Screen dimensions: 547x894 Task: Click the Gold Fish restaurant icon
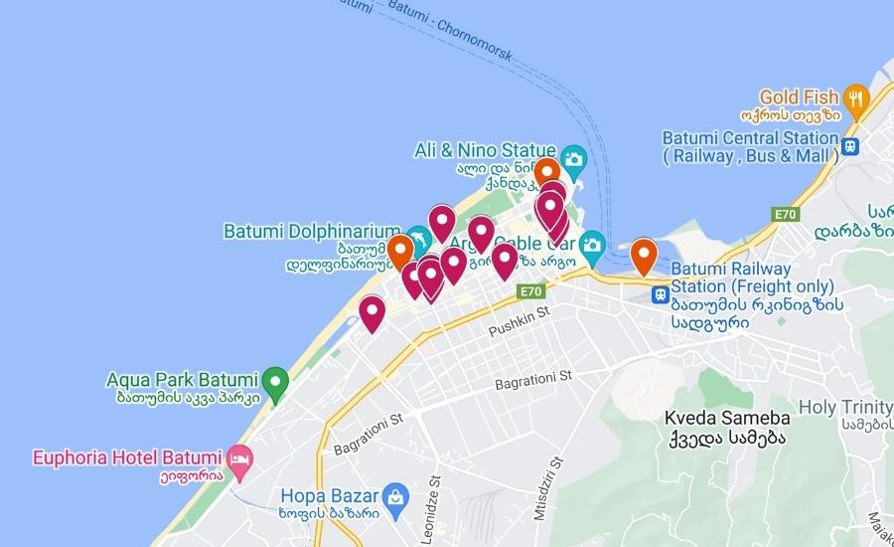click(x=856, y=97)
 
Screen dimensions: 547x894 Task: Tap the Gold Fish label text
click(x=800, y=96)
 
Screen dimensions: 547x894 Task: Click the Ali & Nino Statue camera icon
click(x=572, y=158)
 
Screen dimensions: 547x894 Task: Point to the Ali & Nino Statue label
click(x=485, y=150)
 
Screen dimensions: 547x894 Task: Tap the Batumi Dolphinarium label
click(x=311, y=232)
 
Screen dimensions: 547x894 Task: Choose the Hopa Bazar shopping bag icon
click(x=395, y=494)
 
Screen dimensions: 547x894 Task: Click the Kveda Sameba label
click(x=728, y=418)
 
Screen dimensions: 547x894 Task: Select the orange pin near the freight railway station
click(x=644, y=255)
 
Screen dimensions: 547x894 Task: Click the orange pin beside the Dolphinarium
click(x=400, y=251)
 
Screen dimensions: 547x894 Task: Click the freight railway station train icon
click(x=659, y=294)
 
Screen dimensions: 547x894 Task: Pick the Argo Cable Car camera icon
click(x=592, y=243)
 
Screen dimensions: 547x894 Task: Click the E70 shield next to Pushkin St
click(x=530, y=292)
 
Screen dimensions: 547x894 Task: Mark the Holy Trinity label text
click(x=845, y=407)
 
